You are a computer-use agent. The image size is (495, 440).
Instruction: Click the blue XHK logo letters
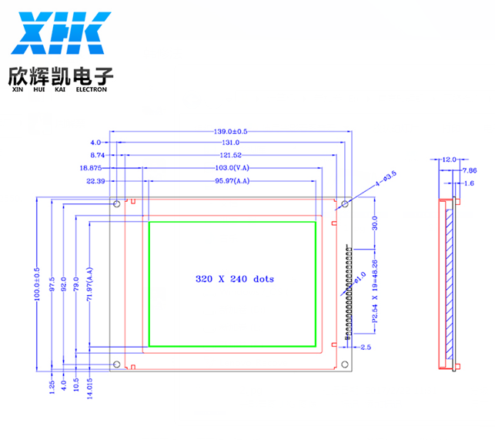pyautogui.click(x=61, y=33)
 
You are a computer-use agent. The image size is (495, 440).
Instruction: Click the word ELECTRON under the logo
pyautogui.click(x=92, y=89)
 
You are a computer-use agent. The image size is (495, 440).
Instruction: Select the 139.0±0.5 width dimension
pyautogui.click(x=230, y=132)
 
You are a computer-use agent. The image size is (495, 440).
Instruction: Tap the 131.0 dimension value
pyautogui.click(x=230, y=143)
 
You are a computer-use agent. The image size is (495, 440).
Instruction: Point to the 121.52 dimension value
pyautogui.click(x=230, y=155)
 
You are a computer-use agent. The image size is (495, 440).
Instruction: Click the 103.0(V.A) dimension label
pyautogui.click(x=232, y=168)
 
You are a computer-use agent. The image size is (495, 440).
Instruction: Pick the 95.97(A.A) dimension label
pyautogui.click(x=232, y=181)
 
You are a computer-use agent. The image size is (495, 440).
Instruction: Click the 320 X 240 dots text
pyautogui.click(x=235, y=279)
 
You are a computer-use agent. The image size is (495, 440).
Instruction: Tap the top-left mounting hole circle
pyautogui.click(x=117, y=204)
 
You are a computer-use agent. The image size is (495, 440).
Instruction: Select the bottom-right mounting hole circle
pyautogui.click(x=345, y=364)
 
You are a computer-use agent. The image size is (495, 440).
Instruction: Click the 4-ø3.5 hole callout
pyautogui.click(x=386, y=179)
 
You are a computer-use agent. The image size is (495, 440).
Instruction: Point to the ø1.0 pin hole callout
pyautogui.click(x=360, y=277)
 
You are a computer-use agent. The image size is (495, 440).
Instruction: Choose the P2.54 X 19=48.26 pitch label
pyautogui.click(x=375, y=291)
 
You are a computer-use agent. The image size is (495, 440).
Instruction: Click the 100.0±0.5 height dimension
pyautogui.click(x=37, y=284)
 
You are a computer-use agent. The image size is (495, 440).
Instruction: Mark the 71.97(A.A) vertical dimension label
pyautogui.click(x=89, y=284)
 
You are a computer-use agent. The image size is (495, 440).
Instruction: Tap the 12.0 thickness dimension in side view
pyautogui.click(x=450, y=160)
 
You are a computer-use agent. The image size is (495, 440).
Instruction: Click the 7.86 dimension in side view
pyautogui.click(x=470, y=171)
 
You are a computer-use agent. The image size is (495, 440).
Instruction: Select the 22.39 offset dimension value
pyautogui.click(x=95, y=181)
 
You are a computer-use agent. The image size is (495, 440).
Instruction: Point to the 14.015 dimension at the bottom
pyautogui.click(x=89, y=388)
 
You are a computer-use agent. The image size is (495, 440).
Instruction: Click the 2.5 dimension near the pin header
pyautogui.click(x=366, y=348)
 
